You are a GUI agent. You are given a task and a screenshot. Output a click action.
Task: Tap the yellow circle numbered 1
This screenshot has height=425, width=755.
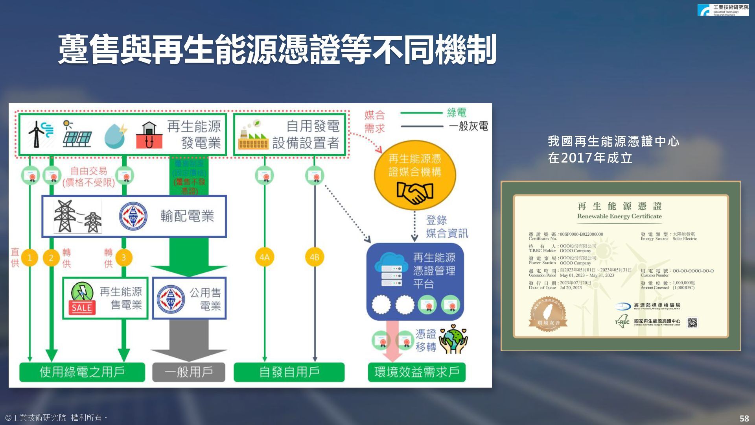coord(29,258)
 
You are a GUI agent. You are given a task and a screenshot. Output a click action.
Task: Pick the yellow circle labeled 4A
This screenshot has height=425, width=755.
coord(264,257)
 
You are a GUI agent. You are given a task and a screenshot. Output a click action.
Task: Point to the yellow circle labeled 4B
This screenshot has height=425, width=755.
coord(314,257)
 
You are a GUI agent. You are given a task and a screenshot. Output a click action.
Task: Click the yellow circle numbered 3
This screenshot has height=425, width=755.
coord(124,258)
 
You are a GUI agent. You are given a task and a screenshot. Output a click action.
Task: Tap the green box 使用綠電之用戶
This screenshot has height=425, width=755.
coord(82,372)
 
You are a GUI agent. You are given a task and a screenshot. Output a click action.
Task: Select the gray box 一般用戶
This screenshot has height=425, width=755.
coord(189,372)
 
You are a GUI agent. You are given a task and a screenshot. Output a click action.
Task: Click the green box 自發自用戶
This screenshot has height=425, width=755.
coord(289,372)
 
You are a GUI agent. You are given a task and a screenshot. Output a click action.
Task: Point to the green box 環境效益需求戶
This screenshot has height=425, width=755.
coord(417,372)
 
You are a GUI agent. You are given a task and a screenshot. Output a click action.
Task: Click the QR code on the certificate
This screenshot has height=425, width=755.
coord(692,323)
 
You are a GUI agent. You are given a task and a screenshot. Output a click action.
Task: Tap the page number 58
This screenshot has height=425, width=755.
coord(744,418)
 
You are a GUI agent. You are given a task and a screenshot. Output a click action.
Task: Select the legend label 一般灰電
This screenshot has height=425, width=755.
coord(468,126)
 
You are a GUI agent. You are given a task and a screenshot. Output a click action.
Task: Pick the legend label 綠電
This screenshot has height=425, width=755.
coord(457,113)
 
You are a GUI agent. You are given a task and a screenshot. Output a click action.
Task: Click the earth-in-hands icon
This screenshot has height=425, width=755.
coord(453,340)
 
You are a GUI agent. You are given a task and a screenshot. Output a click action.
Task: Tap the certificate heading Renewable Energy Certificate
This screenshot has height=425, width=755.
coord(619,216)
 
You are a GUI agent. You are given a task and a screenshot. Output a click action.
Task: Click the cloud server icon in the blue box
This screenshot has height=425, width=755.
coord(391,270)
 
